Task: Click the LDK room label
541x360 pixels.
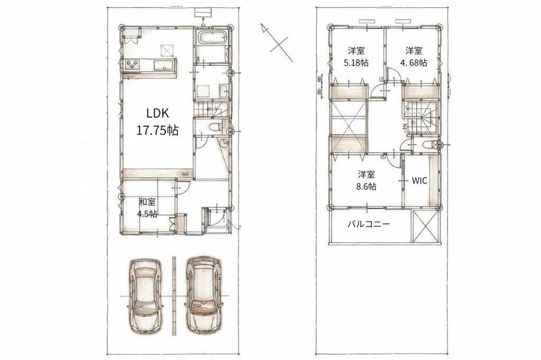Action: coord(156,112)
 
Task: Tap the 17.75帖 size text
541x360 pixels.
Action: coord(156,130)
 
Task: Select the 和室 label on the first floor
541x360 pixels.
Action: coord(147,201)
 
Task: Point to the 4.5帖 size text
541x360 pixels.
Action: coord(147,214)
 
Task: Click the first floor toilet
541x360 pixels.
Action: coord(216,127)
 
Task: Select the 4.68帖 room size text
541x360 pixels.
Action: coord(414,62)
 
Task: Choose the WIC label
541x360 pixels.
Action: coord(419,180)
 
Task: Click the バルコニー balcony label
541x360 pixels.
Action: coord(369,224)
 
